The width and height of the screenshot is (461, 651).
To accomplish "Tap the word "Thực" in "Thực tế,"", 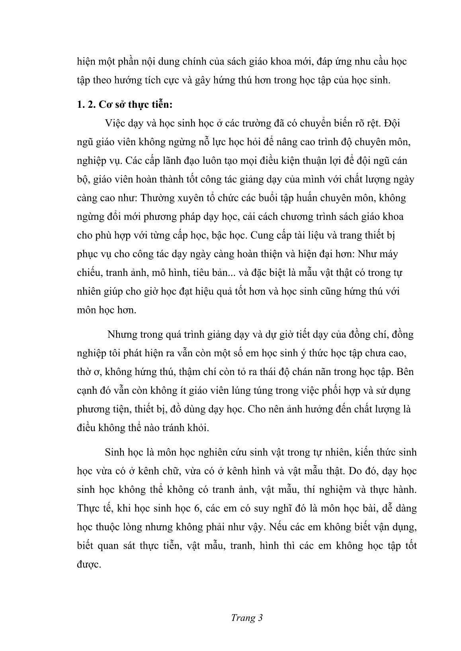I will tap(88, 508).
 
